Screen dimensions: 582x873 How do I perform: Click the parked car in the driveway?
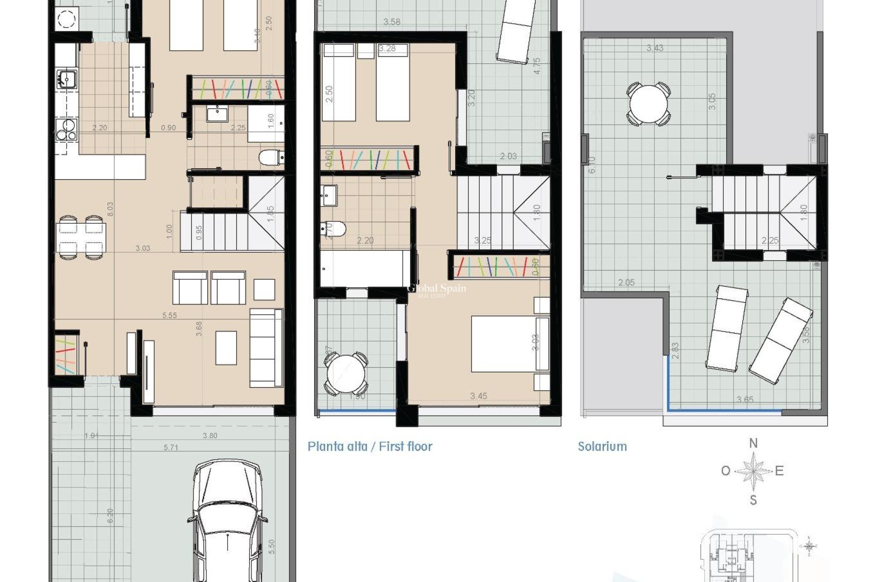(x=227, y=523)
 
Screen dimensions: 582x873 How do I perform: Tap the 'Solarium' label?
(x=602, y=447)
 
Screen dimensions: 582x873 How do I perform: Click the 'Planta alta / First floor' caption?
(x=370, y=447)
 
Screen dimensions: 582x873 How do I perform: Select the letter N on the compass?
(x=753, y=443)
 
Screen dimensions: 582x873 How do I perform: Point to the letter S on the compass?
(x=753, y=501)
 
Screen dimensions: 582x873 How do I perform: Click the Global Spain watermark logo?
(x=436, y=290)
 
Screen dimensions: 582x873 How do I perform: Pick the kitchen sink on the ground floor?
(x=67, y=79)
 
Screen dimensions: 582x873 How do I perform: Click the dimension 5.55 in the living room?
(x=170, y=315)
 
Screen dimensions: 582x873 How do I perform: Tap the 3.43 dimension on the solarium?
(x=655, y=48)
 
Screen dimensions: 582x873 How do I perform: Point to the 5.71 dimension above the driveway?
(x=171, y=448)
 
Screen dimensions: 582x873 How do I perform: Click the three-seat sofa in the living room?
(x=266, y=348)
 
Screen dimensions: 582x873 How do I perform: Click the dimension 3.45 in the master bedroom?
(x=478, y=396)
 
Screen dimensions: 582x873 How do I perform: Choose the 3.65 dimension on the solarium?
(x=745, y=400)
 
